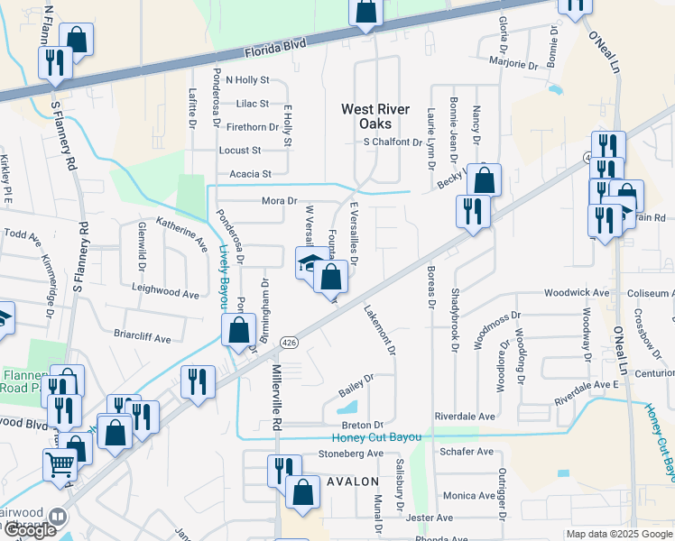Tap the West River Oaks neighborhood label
pos(366,116)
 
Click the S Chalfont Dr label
pos(393,142)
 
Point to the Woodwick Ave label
pos(577,293)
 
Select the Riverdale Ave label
pos(465,417)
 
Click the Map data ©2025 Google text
pos(618,535)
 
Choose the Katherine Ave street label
pos(181,230)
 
